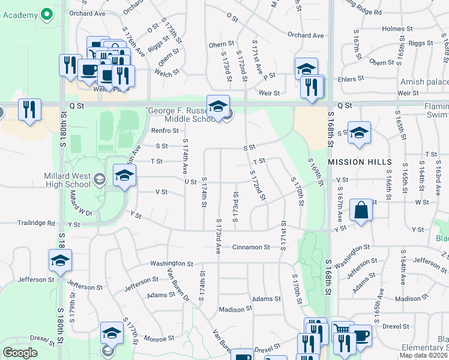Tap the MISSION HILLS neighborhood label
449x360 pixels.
(360, 163)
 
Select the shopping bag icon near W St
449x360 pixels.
(360, 211)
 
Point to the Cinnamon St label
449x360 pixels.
(252, 247)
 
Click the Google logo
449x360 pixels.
(20, 353)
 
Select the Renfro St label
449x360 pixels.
(161, 130)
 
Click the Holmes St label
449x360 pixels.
(394, 28)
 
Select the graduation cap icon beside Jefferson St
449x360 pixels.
(60, 260)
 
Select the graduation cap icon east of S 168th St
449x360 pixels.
(359, 134)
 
